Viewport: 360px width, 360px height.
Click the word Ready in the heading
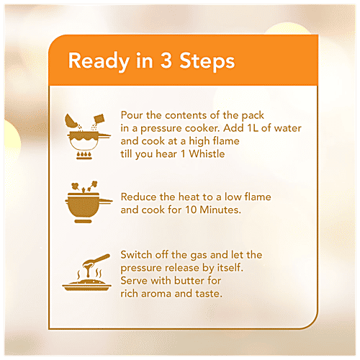point(99,61)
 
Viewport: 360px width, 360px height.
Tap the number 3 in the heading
point(166,60)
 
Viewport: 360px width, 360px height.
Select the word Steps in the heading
point(207,61)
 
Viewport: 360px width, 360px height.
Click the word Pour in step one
point(131,115)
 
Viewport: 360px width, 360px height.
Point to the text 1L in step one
point(253,128)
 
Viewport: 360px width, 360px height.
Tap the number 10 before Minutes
point(191,210)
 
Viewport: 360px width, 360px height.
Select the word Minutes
point(220,210)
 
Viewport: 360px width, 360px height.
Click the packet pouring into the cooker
point(99,119)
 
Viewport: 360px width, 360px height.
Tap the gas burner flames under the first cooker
point(84,155)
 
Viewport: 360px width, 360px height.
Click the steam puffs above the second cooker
point(85,186)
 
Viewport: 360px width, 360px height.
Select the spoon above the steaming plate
point(96,262)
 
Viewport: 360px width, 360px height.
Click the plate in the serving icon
point(87,286)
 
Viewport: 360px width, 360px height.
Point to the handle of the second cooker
point(105,201)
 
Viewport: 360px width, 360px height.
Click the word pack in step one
point(253,116)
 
